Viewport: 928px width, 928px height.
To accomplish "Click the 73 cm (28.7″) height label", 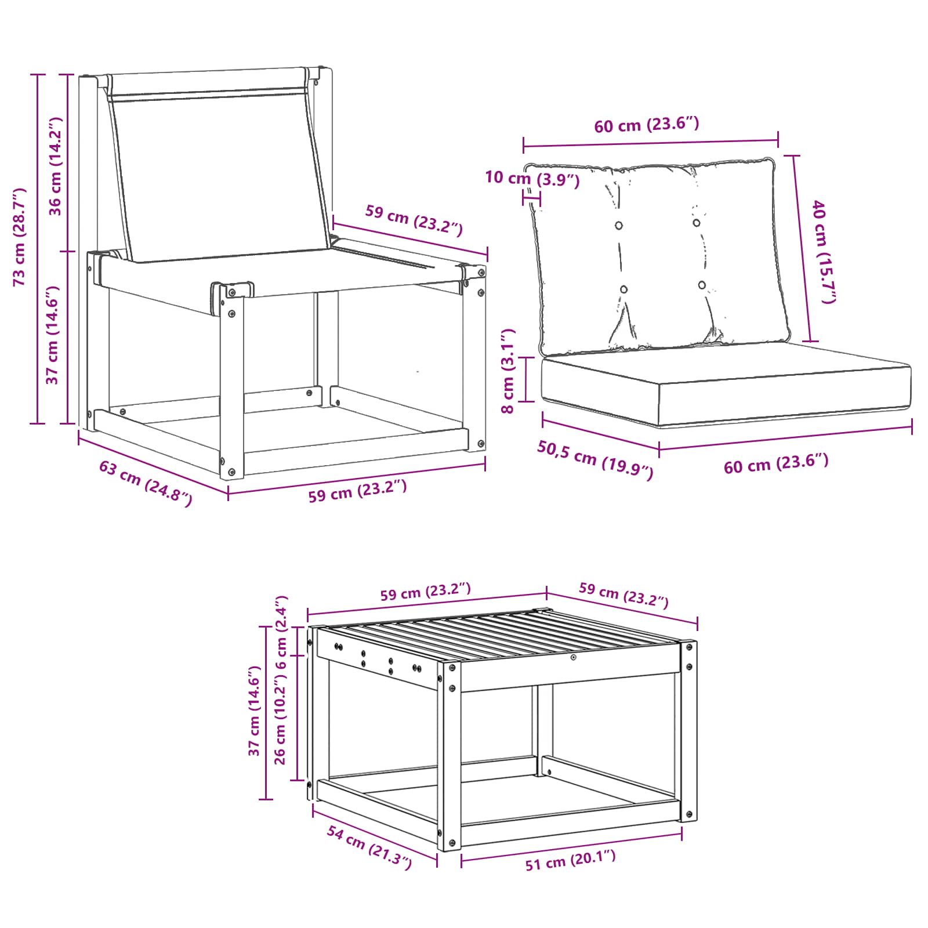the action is [x=20, y=237].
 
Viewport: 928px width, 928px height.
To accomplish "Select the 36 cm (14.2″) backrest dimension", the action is [x=55, y=166].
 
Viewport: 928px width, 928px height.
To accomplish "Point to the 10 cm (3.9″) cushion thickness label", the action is [x=532, y=179].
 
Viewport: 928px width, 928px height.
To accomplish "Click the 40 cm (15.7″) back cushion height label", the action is [x=824, y=251].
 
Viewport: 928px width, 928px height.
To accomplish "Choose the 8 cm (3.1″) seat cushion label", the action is [x=507, y=371].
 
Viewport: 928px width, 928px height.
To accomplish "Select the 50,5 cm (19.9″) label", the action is [x=595, y=460].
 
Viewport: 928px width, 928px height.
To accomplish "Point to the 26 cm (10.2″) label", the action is [x=280, y=717].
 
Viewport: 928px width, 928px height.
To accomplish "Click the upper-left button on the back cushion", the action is [x=619, y=225].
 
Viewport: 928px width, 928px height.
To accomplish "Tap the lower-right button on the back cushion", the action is [x=702, y=285].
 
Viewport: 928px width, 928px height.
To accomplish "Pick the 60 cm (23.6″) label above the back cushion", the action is [x=647, y=125].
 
